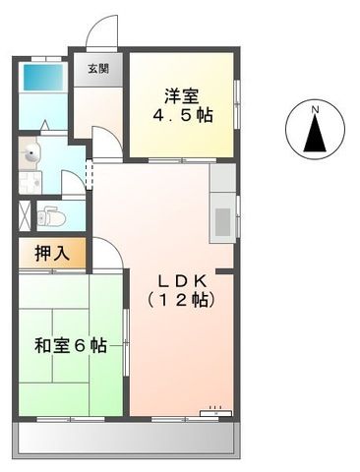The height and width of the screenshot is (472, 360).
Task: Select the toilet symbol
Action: [49, 215]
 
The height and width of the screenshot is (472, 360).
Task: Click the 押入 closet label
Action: [52, 253]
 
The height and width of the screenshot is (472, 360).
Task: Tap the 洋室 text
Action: [182, 96]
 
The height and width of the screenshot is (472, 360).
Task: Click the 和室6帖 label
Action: [70, 346]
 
